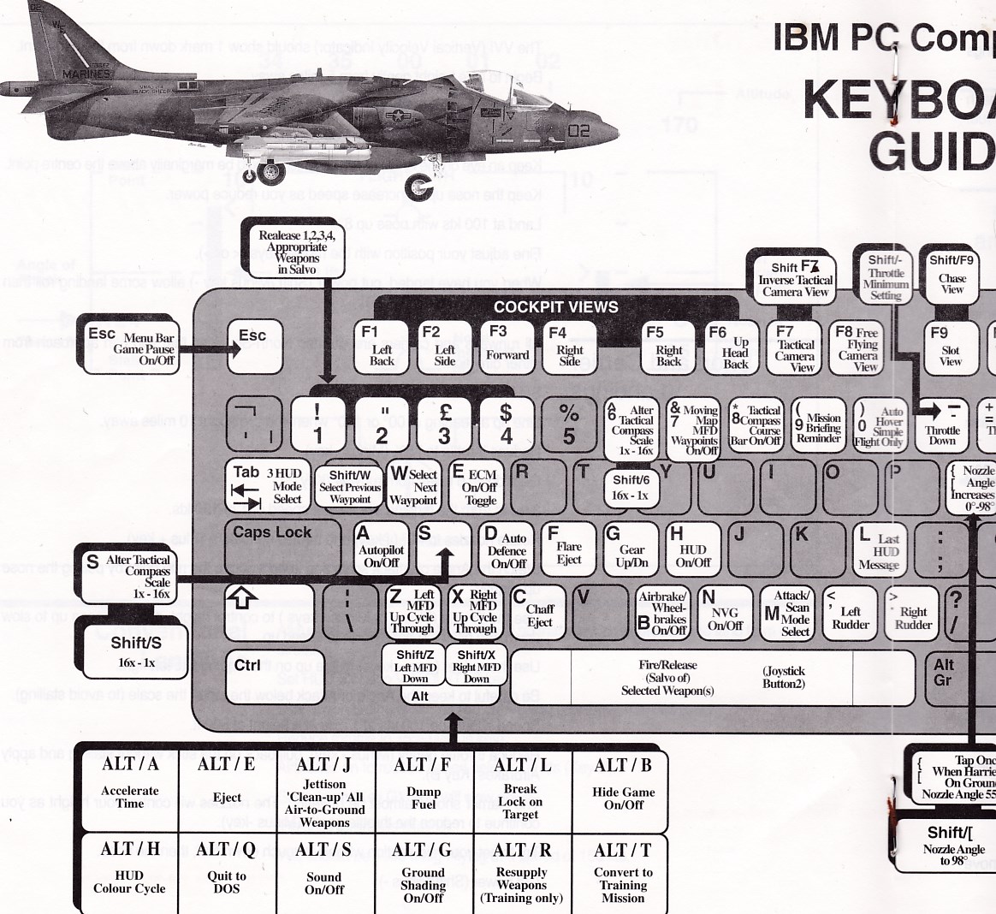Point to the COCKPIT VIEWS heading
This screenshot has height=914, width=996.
555,307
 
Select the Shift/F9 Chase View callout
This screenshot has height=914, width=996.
951,273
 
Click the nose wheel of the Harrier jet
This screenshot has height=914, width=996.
419,186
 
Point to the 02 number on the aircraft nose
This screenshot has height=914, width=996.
578,131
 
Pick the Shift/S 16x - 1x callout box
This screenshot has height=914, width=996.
135,649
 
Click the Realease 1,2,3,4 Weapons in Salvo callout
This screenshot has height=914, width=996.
298,251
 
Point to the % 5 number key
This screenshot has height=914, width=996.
569,424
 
